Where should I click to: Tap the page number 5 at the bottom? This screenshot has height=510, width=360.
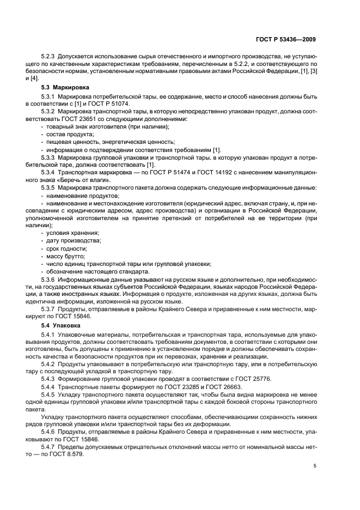tap(315, 466)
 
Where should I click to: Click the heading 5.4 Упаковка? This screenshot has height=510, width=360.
tap(62, 325)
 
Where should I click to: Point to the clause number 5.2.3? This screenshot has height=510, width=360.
tap(50, 57)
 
